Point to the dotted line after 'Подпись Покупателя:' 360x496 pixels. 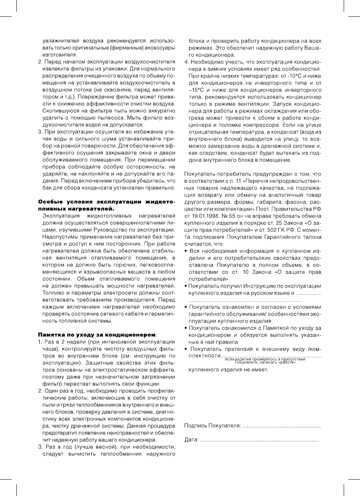tap(281, 427)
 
